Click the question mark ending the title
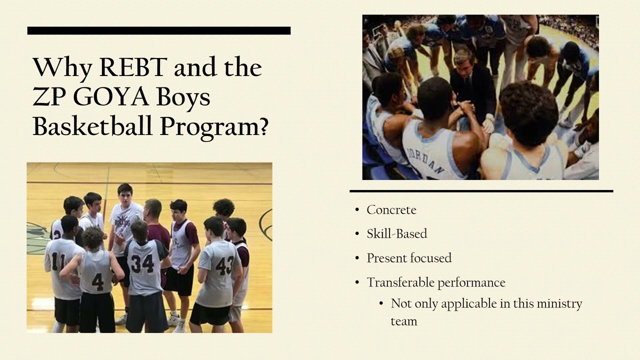click(x=262, y=126)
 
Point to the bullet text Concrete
click(x=391, y=210)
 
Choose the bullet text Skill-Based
click(x=396, y=233)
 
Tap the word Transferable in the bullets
click(x=401, y=282)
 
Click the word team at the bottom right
click(x=403, y=321)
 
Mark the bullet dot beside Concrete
click(x=357, y=210)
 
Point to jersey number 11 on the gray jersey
click(x=58, y=260)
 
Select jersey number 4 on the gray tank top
click(x=97, y=281)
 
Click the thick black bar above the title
click(x=158, y=30)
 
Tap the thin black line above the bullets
click(x=481, y=191)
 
